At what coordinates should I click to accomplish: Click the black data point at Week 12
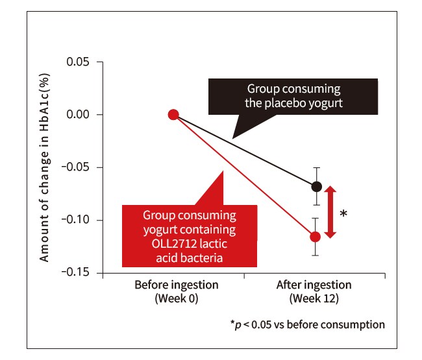(316, 186)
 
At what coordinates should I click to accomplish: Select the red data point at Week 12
(315, 236)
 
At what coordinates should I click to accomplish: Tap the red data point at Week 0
(173, 114)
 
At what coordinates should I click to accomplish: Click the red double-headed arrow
(330, 211)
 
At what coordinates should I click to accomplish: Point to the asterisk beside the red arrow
(343, 213)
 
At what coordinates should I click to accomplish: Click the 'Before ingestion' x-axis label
(177, 285)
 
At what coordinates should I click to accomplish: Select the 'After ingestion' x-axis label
(314, 285)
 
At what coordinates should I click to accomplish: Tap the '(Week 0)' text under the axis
(177, 298)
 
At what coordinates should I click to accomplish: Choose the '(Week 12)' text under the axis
(314, 298)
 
